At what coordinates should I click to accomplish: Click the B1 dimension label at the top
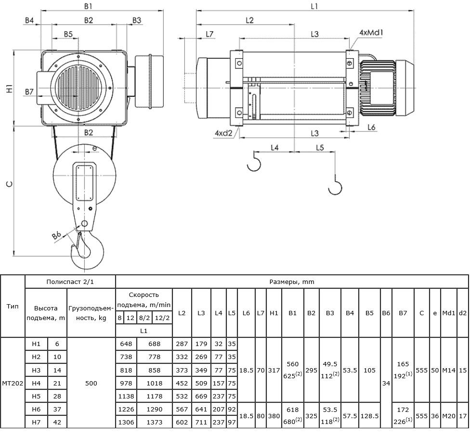click(x=88, y=6)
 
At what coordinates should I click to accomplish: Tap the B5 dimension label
click(x=68, y=34)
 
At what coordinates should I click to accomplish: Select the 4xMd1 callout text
click(x=371, y=32)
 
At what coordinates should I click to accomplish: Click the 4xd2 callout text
click(x=223, y=133)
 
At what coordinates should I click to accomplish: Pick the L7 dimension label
click(x=209, y=34)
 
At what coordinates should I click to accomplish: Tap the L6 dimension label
click(x=371, y=127)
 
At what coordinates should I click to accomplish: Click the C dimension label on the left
click(x=10, y=184)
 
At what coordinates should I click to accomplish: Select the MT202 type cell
click(x=13, y=383)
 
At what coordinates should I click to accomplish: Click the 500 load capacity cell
click(x=91, y=383)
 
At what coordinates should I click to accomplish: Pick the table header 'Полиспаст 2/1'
click(x=70, y=282)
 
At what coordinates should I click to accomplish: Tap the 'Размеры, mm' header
click(x=292, y=282)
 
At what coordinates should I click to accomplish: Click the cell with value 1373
click(x=155, y=422)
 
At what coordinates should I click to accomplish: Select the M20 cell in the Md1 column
click(x=449, y=416)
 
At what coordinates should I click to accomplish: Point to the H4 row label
click(x=36, y=383)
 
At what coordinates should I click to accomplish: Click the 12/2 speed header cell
click(x=162, y=318)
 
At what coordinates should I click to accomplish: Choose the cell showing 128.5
click(x=369, y=416)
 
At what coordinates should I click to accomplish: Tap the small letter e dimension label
click(x=94, y=148)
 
